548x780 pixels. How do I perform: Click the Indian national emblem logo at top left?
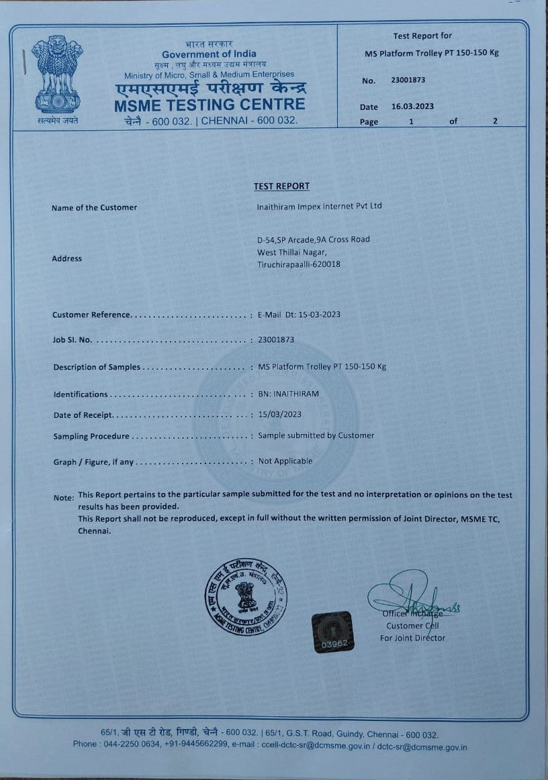(x=57, y=77)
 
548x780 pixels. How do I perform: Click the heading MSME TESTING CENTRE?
(x=210, y=105)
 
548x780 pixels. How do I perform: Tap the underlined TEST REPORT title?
(x=281, y=186)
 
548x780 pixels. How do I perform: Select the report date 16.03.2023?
(x=412, y=107)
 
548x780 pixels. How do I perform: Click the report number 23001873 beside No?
(x=408, y=80)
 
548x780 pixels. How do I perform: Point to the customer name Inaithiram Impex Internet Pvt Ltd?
(x=319, y=206)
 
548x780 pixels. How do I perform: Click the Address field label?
(x=66, y=258)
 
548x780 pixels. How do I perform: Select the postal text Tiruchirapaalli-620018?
(x=299, y=264)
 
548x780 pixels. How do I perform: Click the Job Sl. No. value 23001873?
(x=276, y=339)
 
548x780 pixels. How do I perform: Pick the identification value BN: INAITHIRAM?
(x=289, y=394)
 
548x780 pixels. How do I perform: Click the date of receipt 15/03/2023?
(x=279, y=414)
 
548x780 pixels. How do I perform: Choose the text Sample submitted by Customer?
(x=316, y=435)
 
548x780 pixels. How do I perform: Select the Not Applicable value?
(x=285, y=461)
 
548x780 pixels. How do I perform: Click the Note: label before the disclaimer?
(x=64, y=498)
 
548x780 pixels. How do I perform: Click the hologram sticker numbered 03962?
(x=333, y=632)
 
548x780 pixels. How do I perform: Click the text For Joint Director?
(x=412, y=638)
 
